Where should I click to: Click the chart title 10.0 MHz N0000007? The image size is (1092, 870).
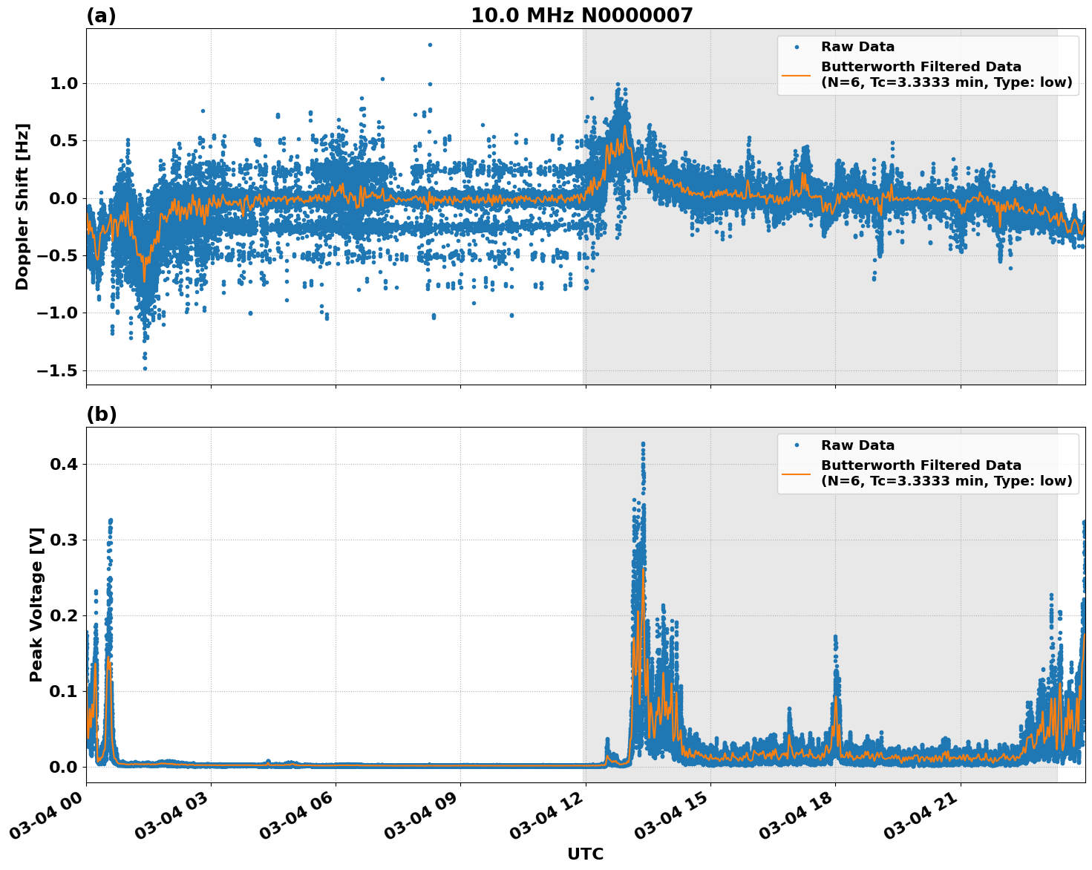point(581,16)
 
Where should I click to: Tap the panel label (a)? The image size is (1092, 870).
point(101,16)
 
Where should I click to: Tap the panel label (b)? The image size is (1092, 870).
point(101,414)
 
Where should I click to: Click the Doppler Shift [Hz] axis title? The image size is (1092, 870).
point(22,206)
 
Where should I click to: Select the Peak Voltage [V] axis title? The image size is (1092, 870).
point(36,604)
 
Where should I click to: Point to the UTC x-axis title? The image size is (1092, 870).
point(585,854)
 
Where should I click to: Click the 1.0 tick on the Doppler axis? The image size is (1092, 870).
point(64,83)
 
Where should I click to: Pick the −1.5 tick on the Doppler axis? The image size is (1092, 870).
point(59,370)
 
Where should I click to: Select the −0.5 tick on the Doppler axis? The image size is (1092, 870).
point(59,255)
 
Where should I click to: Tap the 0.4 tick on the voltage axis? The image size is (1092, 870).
point(64,464)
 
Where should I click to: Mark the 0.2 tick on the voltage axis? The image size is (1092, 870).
point(64,615)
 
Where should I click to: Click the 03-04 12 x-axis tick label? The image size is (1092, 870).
point(543,815)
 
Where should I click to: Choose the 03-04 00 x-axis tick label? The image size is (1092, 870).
point(45,815)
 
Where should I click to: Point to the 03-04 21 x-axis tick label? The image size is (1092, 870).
point(918,815)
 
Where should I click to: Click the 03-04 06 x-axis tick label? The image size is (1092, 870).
point(294,815)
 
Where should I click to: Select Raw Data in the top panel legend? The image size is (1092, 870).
point(857,47)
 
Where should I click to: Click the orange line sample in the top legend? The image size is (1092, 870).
point(797,74)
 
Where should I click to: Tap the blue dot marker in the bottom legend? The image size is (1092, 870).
point(797,445)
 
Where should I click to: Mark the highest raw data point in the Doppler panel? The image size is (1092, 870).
point(430,45)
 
